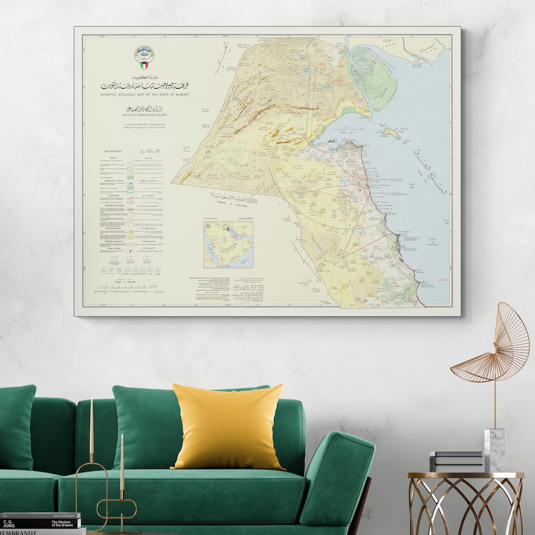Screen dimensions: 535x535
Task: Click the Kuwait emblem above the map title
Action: (x=144, y=57)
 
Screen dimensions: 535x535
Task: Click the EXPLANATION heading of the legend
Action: (x=113, y=151)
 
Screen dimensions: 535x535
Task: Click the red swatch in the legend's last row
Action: (x=130, y=252)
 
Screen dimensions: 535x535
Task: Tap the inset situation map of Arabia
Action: (x=228, y=244)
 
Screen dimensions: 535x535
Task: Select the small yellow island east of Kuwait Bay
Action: (x=392, y=133)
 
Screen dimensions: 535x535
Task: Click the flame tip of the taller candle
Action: (x=91, y=400)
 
